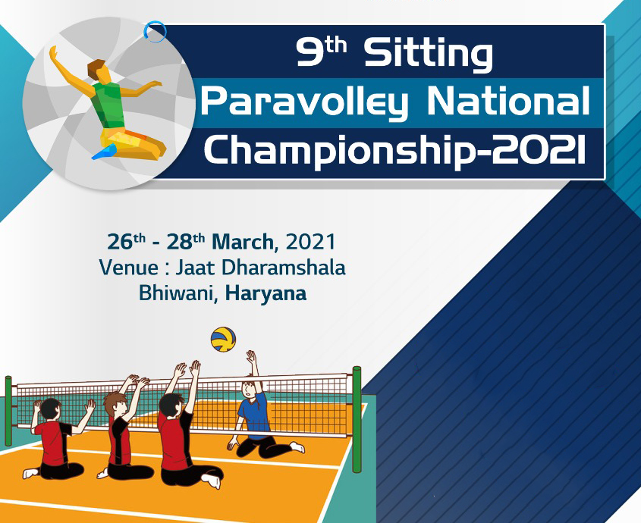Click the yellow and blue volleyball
(223, 340)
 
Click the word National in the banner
(505, 102)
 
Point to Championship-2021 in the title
(394, 149)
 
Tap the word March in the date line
(246, 243)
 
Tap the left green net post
(8, 409)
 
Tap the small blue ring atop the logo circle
(156, 31)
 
